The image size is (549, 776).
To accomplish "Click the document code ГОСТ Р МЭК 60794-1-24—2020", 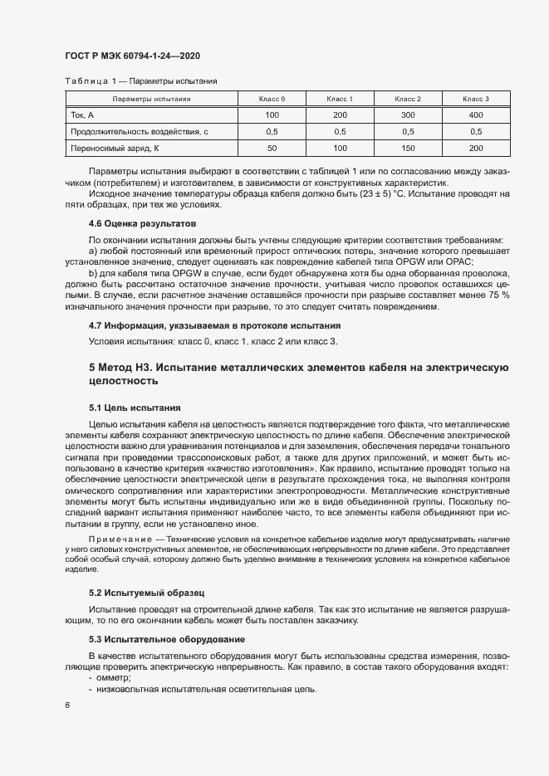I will click(133, 56).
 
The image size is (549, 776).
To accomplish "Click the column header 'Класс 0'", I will click(272, 99).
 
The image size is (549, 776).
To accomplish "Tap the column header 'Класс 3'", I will click(476, 99).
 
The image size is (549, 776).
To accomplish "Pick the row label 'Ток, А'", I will click(84, 115).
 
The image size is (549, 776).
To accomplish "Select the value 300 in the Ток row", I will click(408, 115).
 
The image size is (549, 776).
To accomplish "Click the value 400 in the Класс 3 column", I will click(476, 115).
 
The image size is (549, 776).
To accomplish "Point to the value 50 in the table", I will click(272, 148).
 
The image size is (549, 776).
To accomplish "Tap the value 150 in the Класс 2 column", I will click(408, 148).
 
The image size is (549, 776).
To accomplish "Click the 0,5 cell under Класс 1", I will click(340, 131).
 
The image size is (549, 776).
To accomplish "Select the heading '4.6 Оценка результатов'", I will click(140, 224).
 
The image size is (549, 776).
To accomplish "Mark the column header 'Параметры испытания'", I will click(152, 99).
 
